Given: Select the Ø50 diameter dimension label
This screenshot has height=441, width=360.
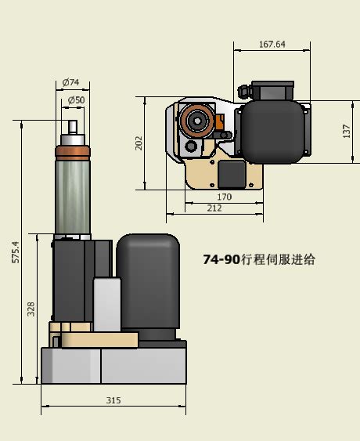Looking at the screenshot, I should [76, 100].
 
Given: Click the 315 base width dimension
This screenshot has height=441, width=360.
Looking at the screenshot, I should [113, 400].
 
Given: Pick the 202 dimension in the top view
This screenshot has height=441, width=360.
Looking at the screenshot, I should [139, 143].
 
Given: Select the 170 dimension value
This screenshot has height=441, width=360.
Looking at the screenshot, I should [224, 197].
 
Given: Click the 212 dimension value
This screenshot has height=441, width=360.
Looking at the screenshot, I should [214, 208].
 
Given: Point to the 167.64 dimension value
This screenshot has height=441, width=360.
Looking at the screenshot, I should [272, 44].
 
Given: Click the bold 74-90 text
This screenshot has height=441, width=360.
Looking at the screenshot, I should [222, 259].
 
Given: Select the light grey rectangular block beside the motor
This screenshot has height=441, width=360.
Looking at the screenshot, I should [107, 304].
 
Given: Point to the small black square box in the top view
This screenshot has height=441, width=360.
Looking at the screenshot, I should [232, 172].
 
